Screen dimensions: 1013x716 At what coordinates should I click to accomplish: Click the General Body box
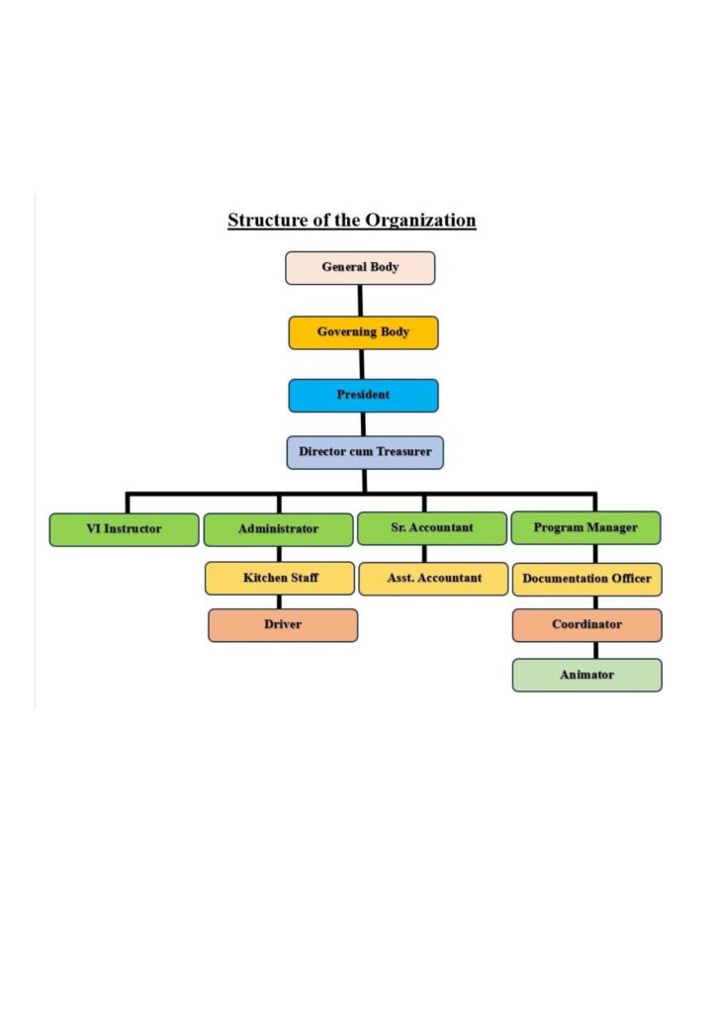click(x=360, y=268)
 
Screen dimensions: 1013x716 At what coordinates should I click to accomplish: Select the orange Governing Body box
click(x=363, y=332)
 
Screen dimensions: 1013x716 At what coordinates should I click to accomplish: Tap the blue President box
click(x=363, y=395)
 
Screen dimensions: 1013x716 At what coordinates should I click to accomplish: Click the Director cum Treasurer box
click(x=365, y=452)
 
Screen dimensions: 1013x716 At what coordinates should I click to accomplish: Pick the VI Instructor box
click(x=124, y=529)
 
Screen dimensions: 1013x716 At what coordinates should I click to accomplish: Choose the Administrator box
click(x=278, y=529)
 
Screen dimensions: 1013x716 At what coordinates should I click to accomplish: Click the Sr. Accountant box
click(x=430, y=528)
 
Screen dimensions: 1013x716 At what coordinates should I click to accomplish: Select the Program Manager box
click(x=585, y=528)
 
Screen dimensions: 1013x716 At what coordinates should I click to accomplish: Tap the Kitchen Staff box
click(x=280, y=578)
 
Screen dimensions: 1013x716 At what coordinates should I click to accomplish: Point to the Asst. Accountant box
click(x=433, y=578)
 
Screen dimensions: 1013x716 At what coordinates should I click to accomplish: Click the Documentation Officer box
click(x=586, y=579)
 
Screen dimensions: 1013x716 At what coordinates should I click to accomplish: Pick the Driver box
click(x=283, y=625)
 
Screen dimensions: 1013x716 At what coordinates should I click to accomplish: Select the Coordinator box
click(x=586, y=625)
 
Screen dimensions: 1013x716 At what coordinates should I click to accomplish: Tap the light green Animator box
click(x=586, y=675)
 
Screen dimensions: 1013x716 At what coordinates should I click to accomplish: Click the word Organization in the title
click(x=420, y=220)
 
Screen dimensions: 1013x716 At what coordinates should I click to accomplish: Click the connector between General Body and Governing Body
click(x=360, y=301)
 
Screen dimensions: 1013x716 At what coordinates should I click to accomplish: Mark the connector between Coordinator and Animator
click(x=595, y=650)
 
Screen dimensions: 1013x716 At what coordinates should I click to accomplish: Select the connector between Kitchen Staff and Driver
click(x=279, y=601)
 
